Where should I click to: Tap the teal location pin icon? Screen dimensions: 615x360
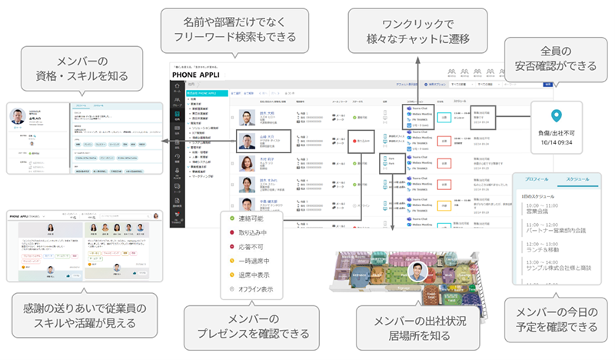(x=556, y=116)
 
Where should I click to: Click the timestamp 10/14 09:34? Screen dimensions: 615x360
(x=556, y=141)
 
